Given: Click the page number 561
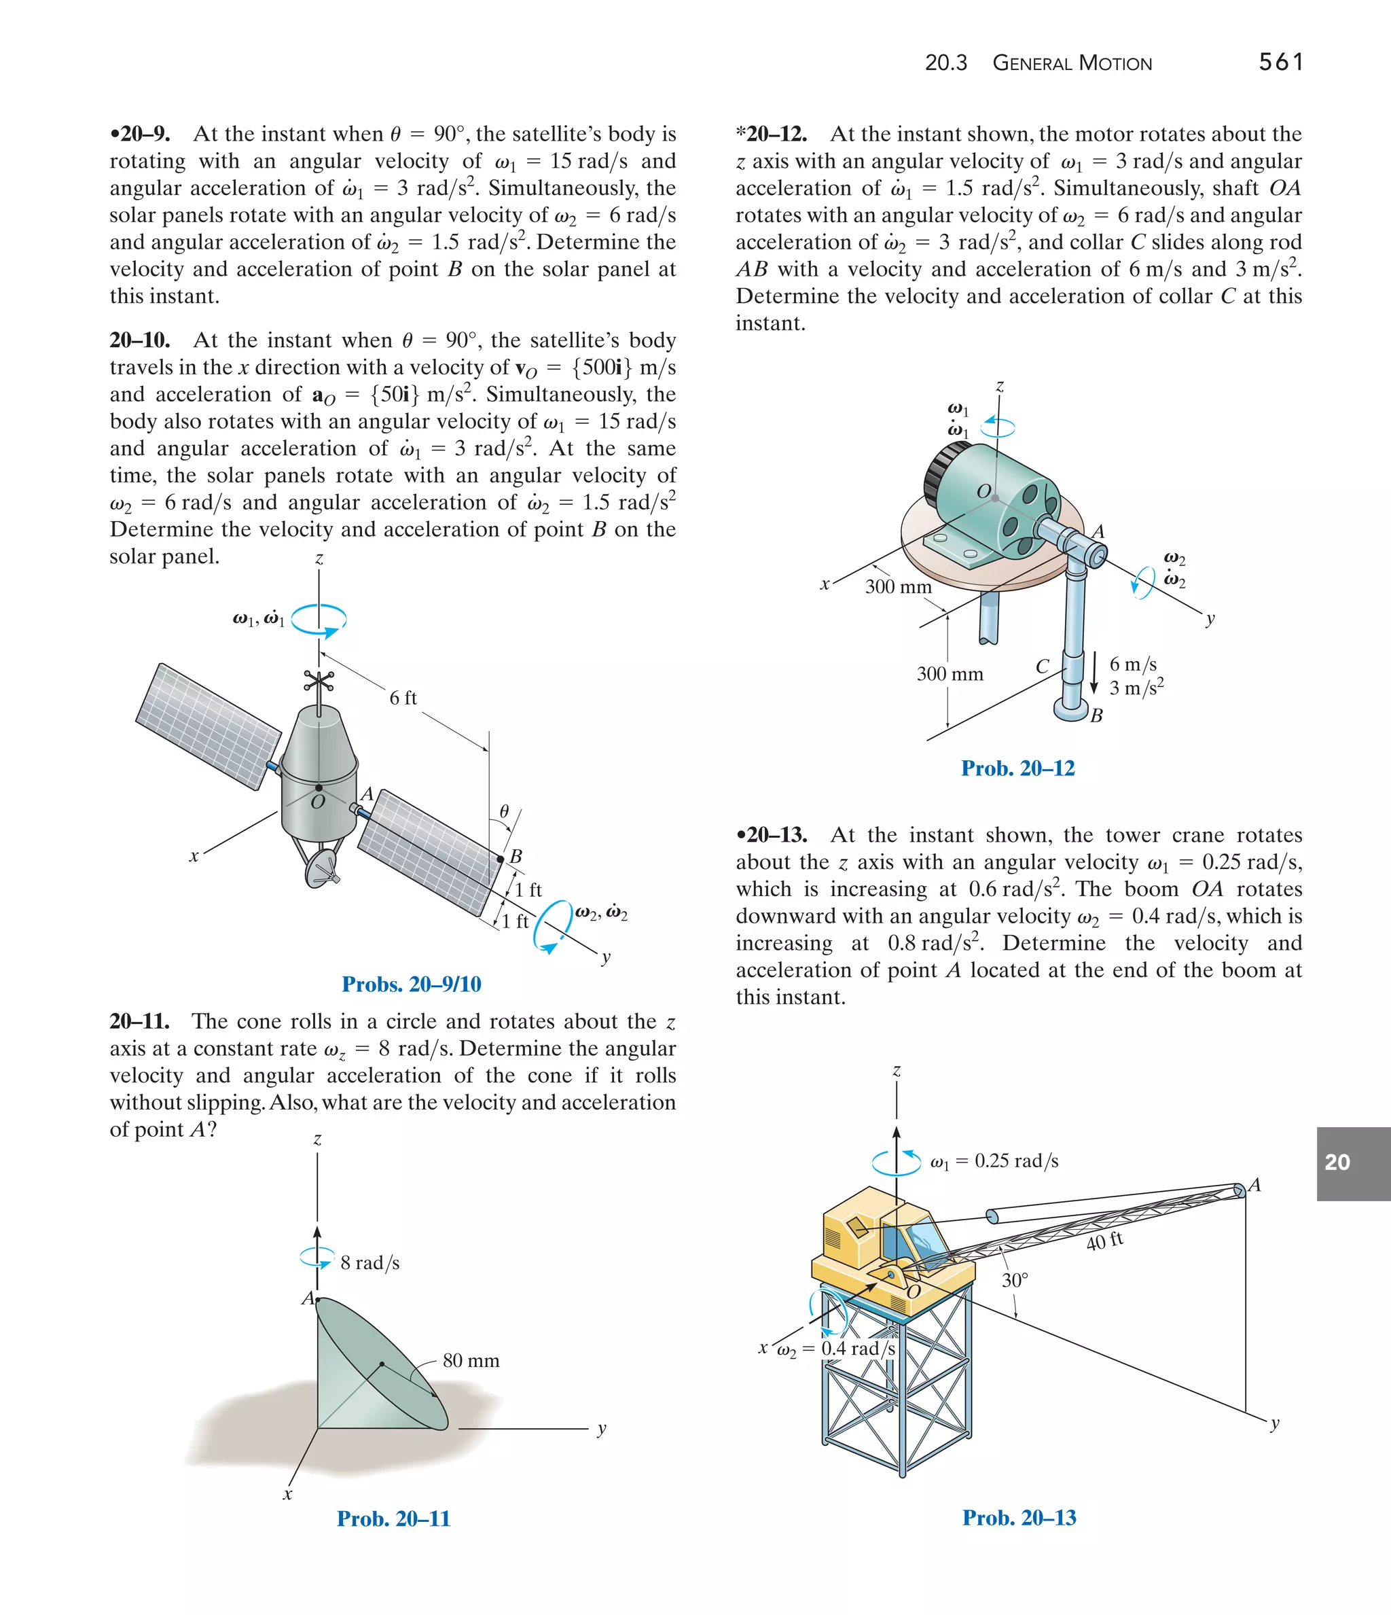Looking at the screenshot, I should click(1280, 62).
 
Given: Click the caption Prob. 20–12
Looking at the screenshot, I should click(1017, 768).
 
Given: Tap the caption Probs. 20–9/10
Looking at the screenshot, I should click(412, 984).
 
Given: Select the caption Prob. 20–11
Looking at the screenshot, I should click(393, 1519).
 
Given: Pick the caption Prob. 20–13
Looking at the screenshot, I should click(1019, 1518).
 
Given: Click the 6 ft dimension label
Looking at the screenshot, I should click(403, 698).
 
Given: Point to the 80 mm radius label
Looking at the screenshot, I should click(471, 1361).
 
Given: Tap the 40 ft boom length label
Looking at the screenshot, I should click(1104, 1241).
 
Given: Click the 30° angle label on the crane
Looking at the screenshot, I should click(1015, 1280).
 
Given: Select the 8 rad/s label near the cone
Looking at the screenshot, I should click(369, 1262).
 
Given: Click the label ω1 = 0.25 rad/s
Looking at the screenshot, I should click(994, 1161).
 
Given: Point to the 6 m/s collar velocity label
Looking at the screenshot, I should click(1132, 664).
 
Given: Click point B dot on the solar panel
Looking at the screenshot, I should click(501, 859).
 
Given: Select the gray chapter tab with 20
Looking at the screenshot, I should click(1353, 1163).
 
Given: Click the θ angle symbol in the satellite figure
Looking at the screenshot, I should click(504, 811).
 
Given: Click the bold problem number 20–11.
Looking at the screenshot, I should click(139, 1021).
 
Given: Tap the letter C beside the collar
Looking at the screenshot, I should click(1042, 667).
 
